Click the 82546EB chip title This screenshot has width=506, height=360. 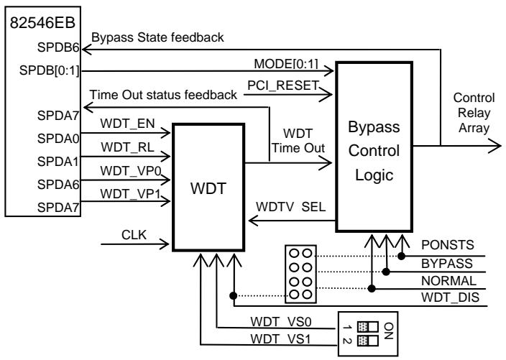[42, 22]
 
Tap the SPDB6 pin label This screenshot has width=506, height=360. [58, 47]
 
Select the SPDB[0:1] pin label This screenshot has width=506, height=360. [49, 70]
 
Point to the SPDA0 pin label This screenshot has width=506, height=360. [58, 139]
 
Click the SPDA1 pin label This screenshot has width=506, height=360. [58, 161]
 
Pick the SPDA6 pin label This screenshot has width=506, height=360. [58, 185]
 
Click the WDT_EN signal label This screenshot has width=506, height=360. [127, 124]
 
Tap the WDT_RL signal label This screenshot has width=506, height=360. [127, 147]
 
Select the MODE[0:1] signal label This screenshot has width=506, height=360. [286, 64]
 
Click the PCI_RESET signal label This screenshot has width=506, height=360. [283, 86]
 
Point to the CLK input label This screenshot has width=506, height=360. [134, 235]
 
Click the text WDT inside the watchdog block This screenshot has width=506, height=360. [208, 188]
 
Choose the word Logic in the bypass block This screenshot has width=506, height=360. [374, 175]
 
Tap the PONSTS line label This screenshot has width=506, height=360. [448, 245]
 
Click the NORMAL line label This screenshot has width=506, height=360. [448, 281]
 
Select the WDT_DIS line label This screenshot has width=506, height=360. [450, 297]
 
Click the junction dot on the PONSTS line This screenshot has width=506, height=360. [401, 256]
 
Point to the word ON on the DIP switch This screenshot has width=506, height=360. [389, 331]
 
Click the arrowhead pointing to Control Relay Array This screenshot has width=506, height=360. [494, 146]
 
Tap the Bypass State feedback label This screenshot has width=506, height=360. [157, 38]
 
